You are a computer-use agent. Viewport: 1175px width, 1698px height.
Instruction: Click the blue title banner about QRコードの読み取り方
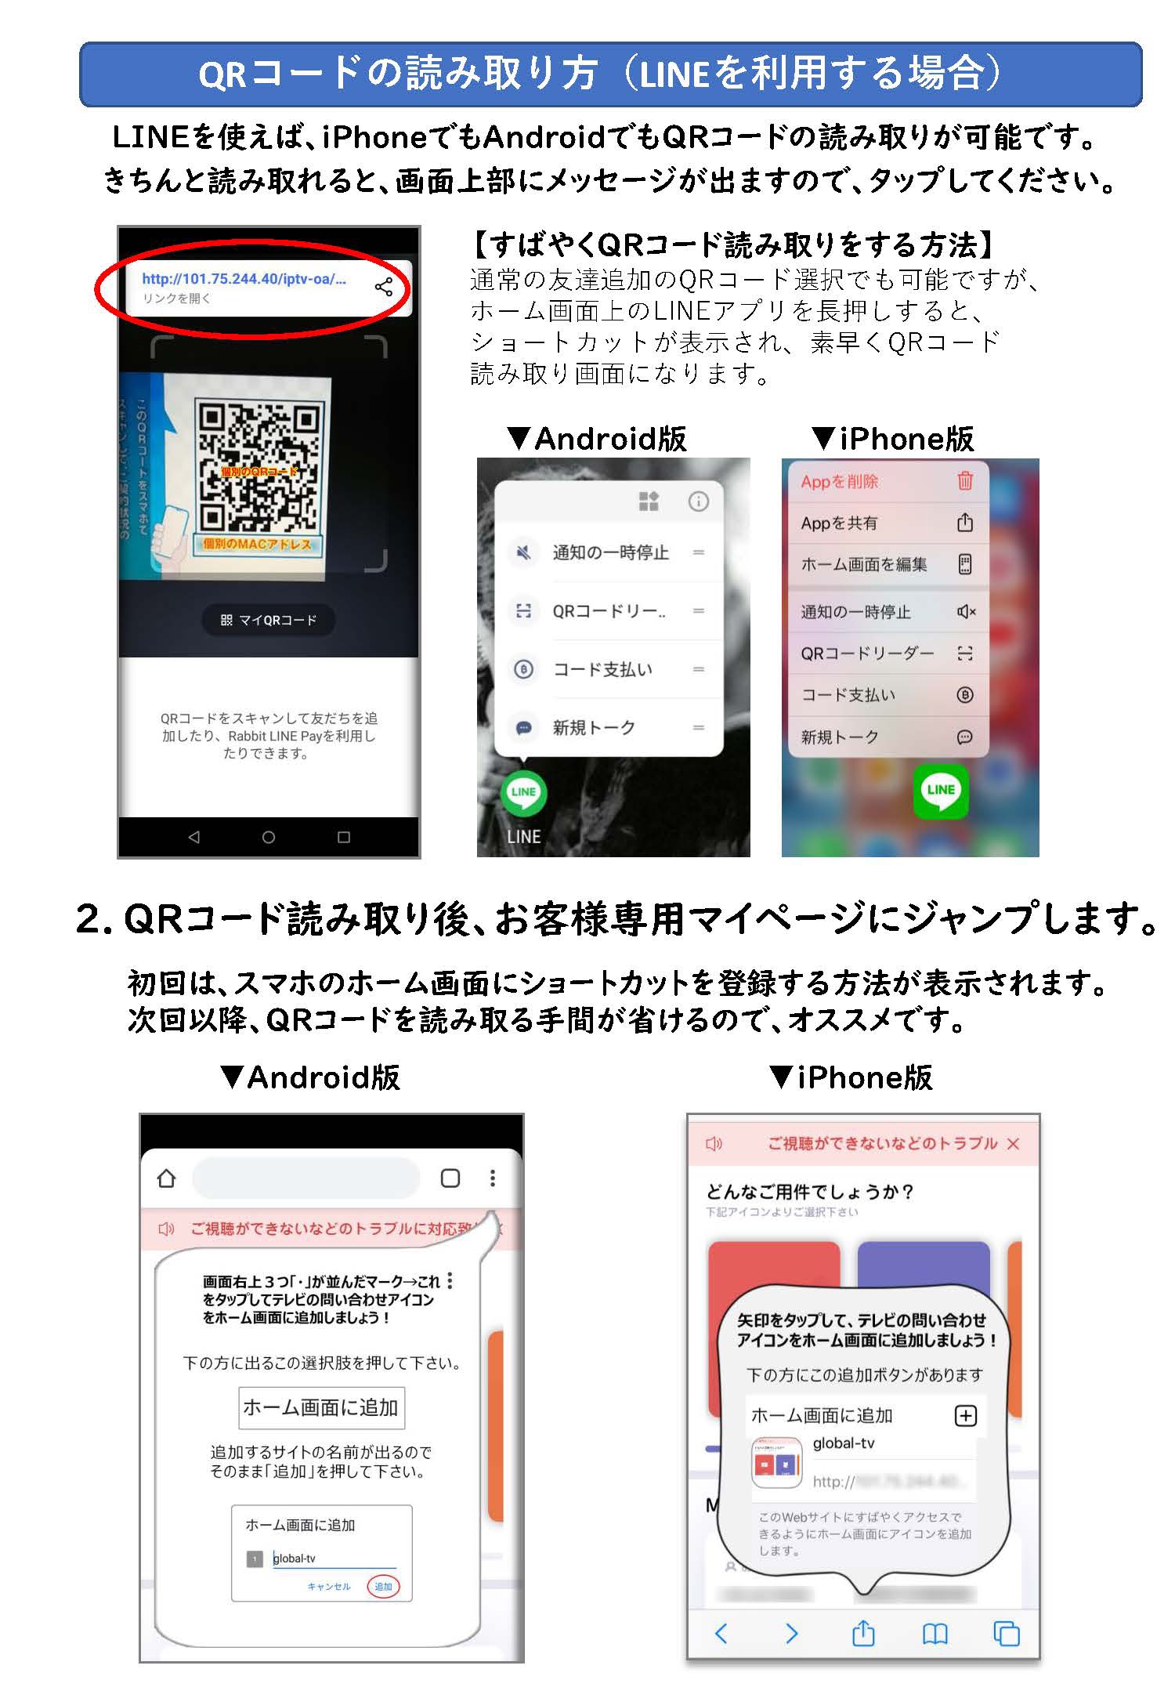click(610, 74)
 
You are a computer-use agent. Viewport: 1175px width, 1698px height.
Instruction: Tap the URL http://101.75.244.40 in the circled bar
click(244, 279)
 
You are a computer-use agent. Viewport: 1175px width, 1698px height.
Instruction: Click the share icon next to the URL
click(384, 287)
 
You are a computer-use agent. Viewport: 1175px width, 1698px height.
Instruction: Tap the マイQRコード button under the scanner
click(269, 620)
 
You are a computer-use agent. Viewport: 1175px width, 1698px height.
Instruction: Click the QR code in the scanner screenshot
click(258, 468)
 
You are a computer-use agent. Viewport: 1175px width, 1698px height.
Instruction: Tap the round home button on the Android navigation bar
click(268, 837)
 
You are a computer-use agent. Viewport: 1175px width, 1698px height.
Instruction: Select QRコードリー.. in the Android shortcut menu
click(609, 611)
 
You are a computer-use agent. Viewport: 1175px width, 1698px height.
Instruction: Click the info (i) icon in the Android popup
click(698, 501)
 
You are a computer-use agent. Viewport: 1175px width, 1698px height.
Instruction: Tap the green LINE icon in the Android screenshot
click(523, 792)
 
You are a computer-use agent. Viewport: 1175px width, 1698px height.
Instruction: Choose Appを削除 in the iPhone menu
click(839, 482)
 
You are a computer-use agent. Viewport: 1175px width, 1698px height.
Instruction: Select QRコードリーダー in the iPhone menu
click(866, 653)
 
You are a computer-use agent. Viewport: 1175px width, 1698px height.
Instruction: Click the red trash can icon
click(965, 481)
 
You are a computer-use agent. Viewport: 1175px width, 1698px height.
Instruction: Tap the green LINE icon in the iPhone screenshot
click(941, 791)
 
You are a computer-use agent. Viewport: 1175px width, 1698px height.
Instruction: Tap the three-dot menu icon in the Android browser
click(492, 1178)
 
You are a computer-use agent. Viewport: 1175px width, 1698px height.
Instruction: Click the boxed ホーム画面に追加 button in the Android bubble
click(321, 1407)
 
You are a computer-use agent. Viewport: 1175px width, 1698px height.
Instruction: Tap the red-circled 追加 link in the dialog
click(383, 1587)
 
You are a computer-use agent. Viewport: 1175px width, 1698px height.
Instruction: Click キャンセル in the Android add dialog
click(329, 1587)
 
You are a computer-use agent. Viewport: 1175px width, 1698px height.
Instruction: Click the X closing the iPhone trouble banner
click(1013, 1144)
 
